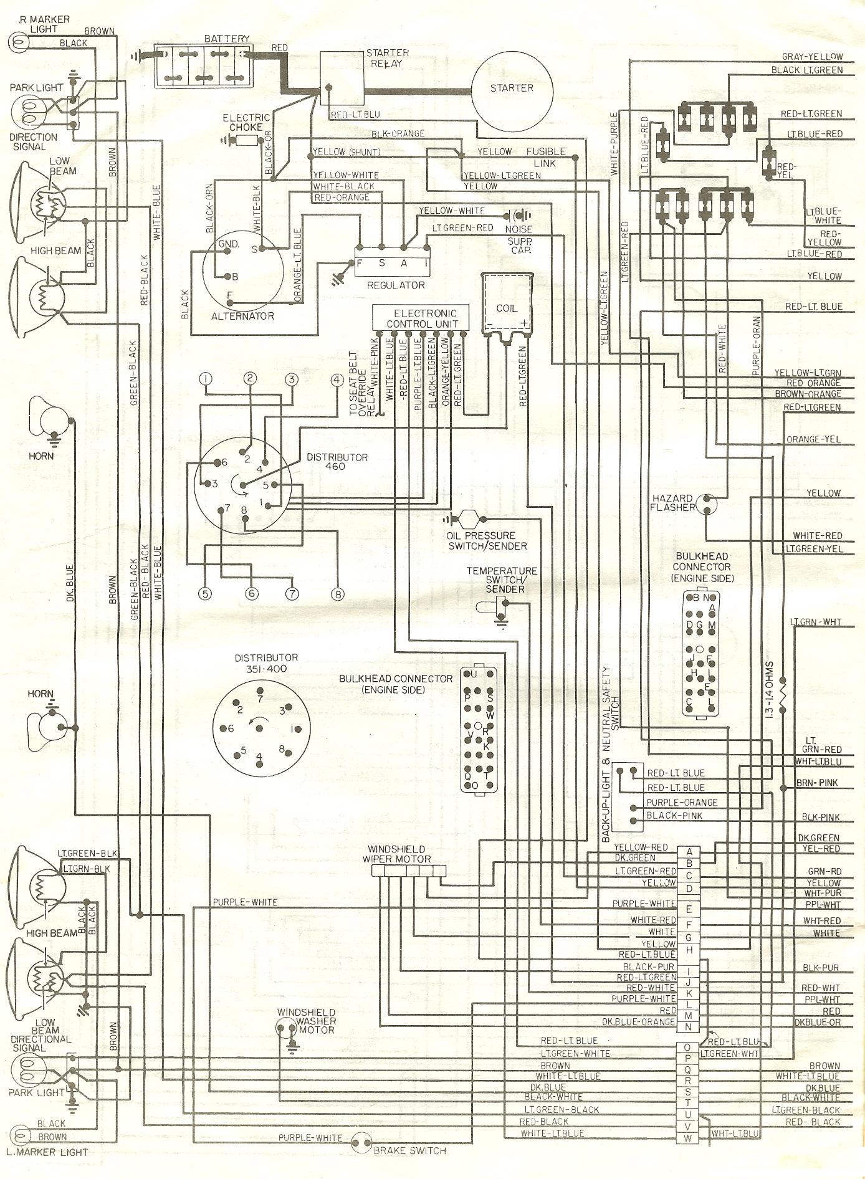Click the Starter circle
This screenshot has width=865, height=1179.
click(x=512, y=88)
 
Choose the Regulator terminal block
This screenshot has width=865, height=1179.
click(x=392, y=264)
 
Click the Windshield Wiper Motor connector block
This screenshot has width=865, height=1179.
click(x=408, y=874)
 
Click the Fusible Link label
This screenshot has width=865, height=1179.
click(x=546, y=157)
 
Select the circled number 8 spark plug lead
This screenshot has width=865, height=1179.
click(x=337, y=594)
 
